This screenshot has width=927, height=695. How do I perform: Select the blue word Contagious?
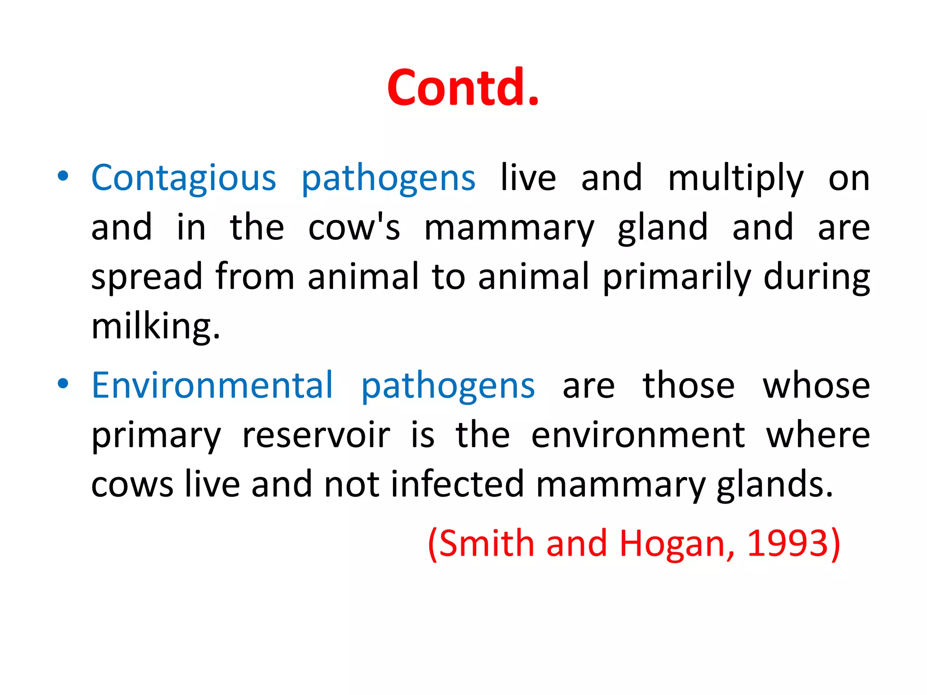(183, 178)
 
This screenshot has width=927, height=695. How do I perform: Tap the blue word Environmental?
(212, 386)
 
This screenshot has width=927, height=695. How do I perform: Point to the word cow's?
(354, 227)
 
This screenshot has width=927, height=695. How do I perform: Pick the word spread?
(147, 276)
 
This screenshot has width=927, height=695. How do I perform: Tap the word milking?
(155, 326)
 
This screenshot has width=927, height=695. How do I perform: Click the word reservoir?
(315, 435)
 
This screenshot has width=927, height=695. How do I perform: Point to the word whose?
(816, 386)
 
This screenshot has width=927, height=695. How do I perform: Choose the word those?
(688, 386)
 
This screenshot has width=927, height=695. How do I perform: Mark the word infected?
(457, 484)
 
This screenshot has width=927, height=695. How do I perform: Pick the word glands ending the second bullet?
(774, 484)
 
